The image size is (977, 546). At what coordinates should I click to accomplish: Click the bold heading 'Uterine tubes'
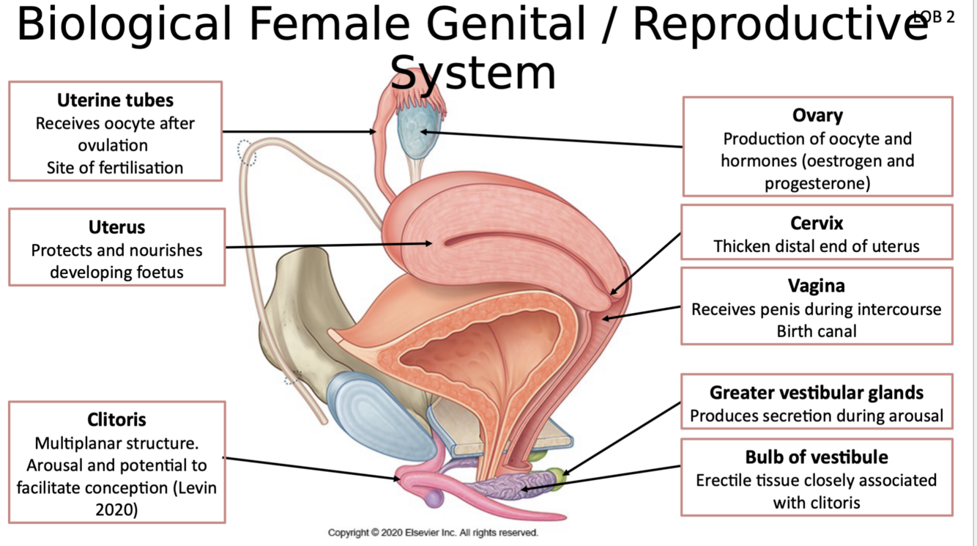(115, 100)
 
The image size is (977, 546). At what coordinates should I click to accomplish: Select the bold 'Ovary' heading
(817, 115)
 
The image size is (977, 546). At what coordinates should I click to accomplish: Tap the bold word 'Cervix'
(817, 223)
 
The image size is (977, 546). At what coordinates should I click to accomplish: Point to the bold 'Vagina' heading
(817, 285)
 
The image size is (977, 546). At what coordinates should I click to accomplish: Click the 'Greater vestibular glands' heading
(817, 393)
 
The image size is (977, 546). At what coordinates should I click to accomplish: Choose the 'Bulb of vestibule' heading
(817, 457)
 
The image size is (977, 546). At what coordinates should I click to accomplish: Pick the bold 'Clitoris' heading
(116, 420)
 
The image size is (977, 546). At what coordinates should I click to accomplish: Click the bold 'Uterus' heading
(116, 227)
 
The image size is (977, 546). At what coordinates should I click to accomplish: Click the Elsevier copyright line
(433, 533)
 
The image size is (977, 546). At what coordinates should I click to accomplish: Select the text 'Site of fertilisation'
(115, 168)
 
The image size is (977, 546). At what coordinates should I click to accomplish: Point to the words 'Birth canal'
(817, 331)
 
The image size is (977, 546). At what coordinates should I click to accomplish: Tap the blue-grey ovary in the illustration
(415, 132)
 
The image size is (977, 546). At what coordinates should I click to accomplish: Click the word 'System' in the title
(472, 73)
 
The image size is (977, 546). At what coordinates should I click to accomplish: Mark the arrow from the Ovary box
(549, 139)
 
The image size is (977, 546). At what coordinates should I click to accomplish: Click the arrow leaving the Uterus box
(330, 246)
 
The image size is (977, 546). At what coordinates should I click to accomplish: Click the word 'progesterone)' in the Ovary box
(817, 183)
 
